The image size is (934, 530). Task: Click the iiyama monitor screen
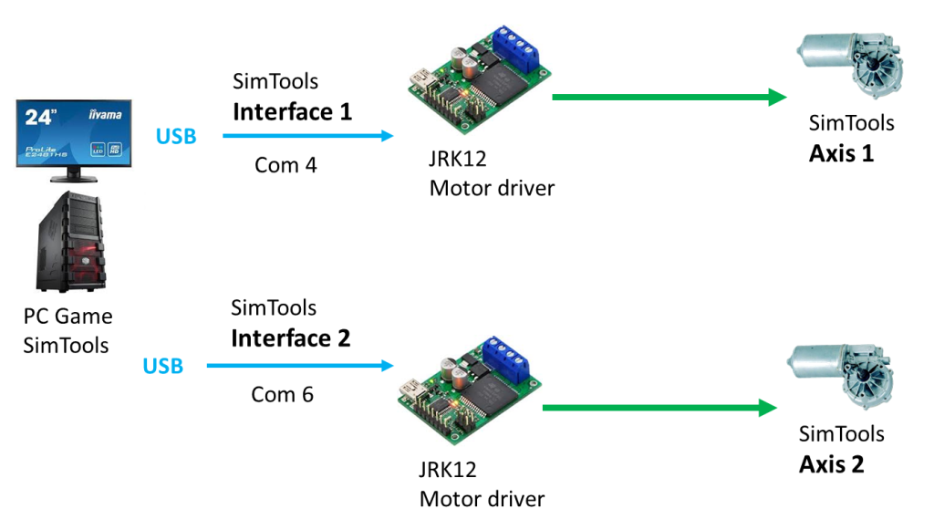74,133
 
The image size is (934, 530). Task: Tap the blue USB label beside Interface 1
176,136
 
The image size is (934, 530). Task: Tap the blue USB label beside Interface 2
163,366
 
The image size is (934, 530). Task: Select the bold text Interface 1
292,112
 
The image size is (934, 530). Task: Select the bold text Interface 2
290,338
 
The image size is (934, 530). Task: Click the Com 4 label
285,165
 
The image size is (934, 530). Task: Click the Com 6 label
283,394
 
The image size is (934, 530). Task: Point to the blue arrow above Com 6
300,366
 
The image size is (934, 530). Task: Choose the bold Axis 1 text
841,153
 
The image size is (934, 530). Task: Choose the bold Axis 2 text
831,464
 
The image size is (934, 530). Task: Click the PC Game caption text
68,317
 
